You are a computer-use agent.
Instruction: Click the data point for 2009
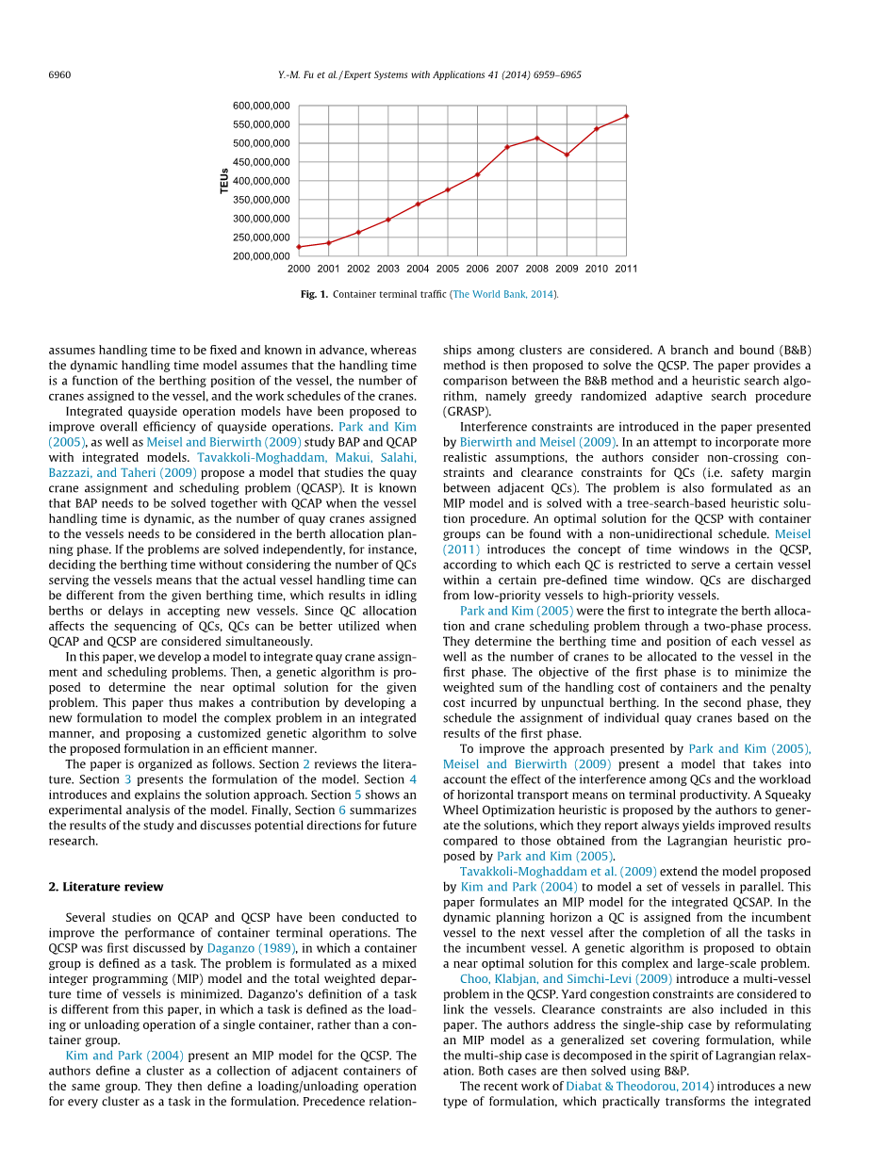point(567,155)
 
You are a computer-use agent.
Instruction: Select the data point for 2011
point(626,116)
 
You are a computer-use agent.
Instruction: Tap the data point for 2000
point(299,247)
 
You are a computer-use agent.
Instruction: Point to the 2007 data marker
point(507,147)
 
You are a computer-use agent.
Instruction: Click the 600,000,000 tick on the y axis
point(261,106)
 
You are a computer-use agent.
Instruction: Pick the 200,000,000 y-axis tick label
point(261,256)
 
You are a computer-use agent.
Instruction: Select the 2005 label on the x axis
point(448,269)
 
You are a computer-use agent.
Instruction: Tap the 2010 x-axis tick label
point(596,269)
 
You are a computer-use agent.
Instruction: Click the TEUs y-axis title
point(224,181)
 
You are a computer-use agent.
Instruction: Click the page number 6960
point(59,74)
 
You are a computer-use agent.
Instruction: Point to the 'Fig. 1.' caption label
point(314,295)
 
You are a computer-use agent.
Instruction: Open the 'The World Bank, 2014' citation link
point(504,295)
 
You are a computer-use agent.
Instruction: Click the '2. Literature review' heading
point(106,887)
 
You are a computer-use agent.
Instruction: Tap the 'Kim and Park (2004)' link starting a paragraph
point(124,1055)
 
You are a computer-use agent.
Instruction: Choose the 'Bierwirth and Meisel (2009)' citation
point(538,442)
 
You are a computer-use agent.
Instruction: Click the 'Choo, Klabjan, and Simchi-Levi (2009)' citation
point(566,979)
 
